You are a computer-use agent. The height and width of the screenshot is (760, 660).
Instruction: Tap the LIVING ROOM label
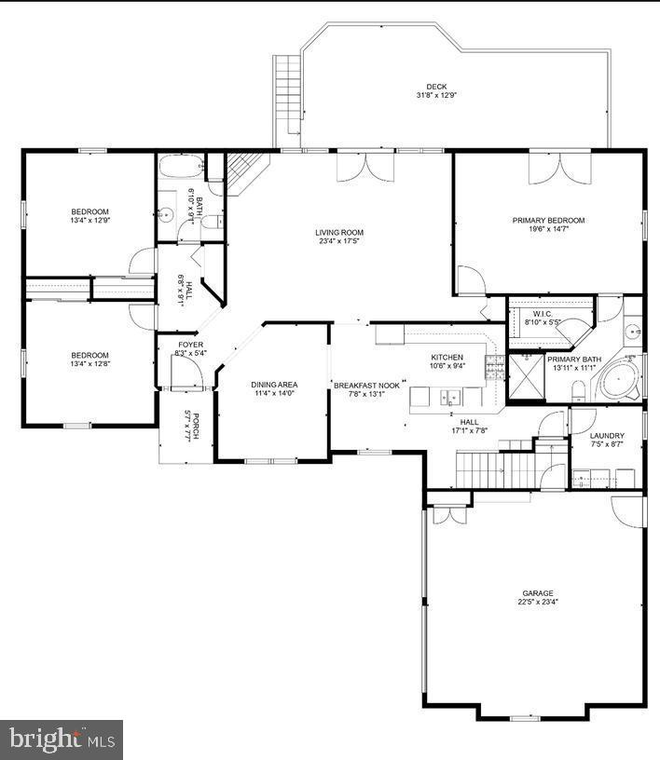[338, 232]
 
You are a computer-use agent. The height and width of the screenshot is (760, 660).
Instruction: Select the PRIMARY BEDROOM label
[548, 221]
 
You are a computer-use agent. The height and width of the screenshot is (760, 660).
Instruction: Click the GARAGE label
[537, 593]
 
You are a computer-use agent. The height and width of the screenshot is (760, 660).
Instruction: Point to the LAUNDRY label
[607, 436]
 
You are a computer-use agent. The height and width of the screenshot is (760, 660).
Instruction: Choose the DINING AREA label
[274, 384]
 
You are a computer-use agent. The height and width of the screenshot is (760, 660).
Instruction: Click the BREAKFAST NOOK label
[367, 384]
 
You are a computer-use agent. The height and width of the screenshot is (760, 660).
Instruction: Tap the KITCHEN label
[447, 358]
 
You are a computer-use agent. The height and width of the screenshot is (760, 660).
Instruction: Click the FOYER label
[190, 345]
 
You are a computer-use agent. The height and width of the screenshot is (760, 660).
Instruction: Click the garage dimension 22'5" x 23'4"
[537, 603]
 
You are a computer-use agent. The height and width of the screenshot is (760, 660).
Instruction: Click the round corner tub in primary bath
[618, 381]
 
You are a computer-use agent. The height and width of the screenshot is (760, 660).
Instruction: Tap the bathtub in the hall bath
[179, 168]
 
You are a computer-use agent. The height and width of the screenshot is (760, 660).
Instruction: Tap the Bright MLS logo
[61, 740]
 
